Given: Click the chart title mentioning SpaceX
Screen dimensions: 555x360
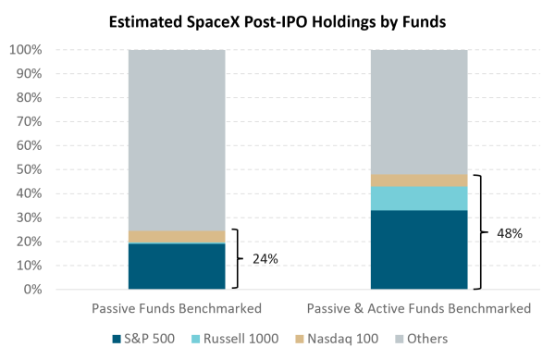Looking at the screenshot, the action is pyautogui.click(x=277, y=22).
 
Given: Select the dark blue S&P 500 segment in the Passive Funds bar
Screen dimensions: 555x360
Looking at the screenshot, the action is pyautogui.click(x=177, y=267).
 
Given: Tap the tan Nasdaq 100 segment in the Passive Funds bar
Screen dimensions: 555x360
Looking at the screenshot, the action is pyautogui.click(x=177, y=237).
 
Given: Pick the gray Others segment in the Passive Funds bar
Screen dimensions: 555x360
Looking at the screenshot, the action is pyautogui.click(x=177, y=141).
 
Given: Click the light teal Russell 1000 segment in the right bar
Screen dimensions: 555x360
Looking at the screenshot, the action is pyautogui.click(x=419, y=199).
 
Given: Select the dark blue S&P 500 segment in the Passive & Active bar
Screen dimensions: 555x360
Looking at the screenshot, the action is pyautogui.click(x=419, y=250).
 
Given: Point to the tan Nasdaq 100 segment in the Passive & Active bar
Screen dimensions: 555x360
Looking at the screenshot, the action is pyautogui.click(x=419, y=180).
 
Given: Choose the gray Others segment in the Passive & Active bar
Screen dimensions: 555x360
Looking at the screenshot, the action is pyautogui.click(x=419, y=112).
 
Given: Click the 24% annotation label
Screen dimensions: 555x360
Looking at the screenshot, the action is pyautogui.click(x=265, y=259).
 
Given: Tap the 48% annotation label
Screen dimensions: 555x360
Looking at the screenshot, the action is pyautogui.click(x=510, y=233).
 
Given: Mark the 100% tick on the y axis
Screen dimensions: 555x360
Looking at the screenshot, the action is pyautogui.click(x=26, y=50).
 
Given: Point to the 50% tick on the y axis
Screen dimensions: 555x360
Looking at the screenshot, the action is pyautogui.click(x=29, y=169).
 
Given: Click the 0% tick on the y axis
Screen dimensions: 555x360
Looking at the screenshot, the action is pyautogui.click(x=33, y=290).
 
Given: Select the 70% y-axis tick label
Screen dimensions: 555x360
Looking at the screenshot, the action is pyautogui.click(x=29, y=122).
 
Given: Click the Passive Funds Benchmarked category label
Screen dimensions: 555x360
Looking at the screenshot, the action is pyautogui.click(x=177, y=308).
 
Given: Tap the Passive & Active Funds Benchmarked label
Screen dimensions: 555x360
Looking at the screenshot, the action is pyautogui.click(x=419, y=308).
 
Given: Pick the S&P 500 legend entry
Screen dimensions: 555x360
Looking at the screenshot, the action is pyautogui.click(x=143, y=339).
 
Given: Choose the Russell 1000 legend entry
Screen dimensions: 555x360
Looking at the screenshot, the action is pyautogui.click(x=235, y=339).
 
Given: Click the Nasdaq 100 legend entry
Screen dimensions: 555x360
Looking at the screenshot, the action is pyautogui.click(x=337, y=339).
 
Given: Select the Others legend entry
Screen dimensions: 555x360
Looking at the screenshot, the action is pyautogui.click(x=421, y=339).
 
